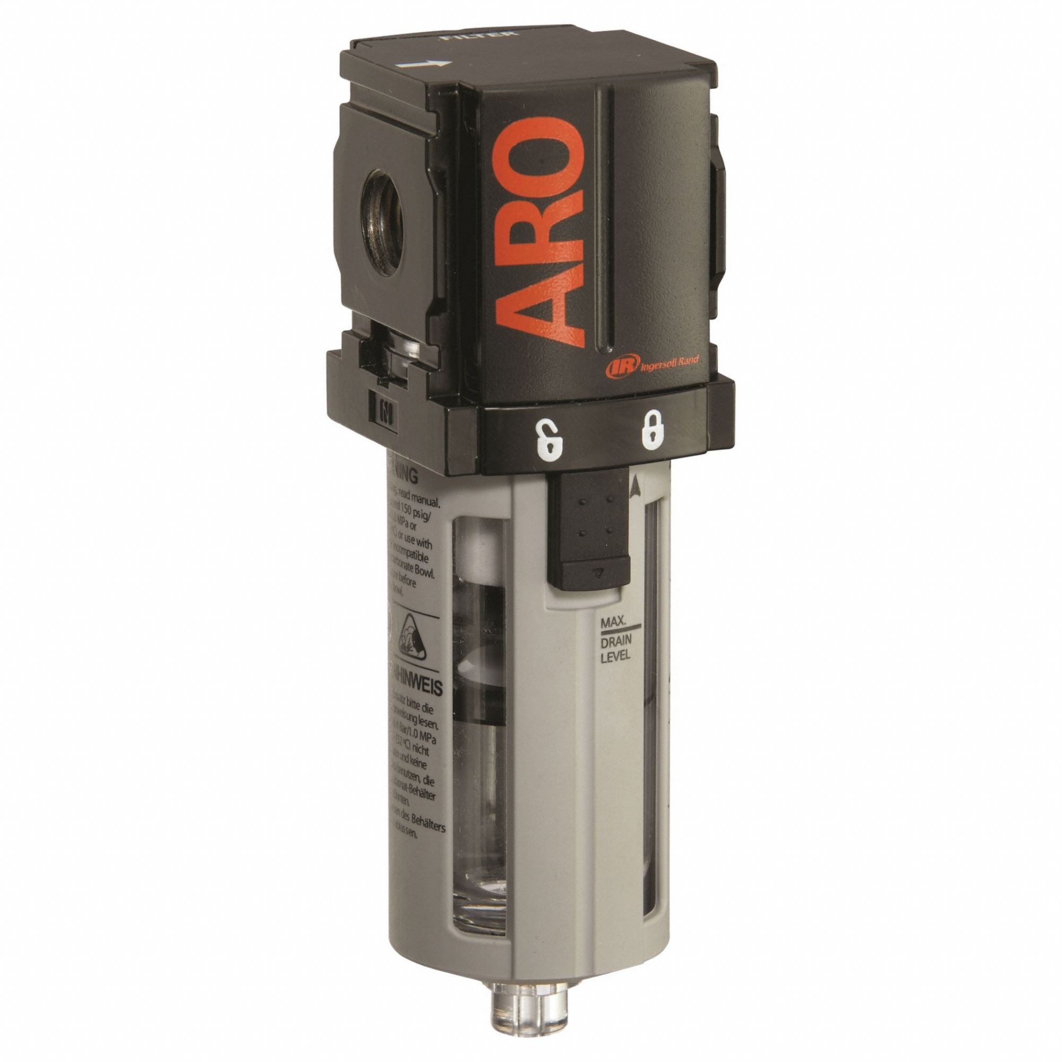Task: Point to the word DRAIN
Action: click(x=614, y=639)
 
